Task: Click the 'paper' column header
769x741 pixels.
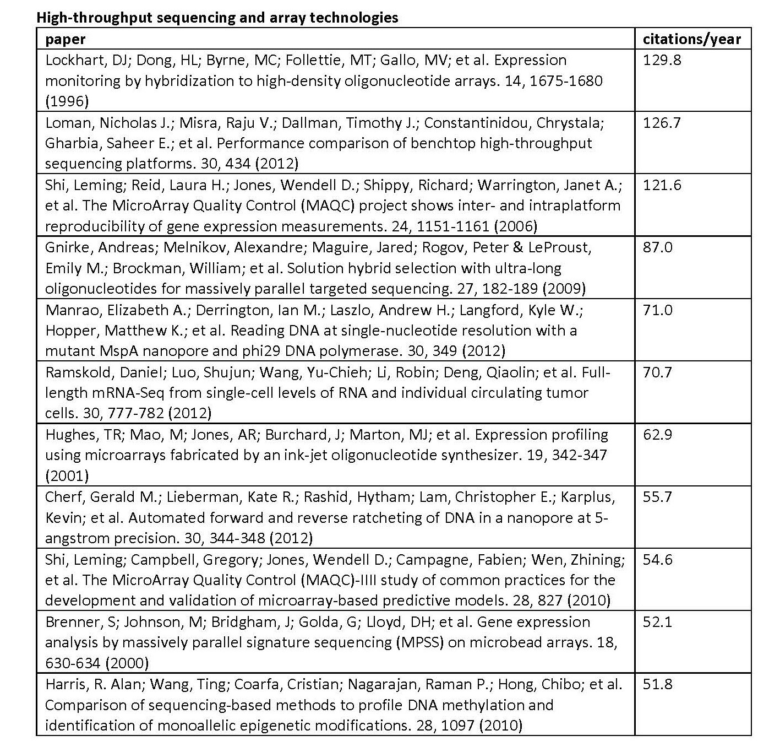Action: tap(65, 39)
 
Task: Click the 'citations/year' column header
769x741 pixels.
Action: tap(691, 39)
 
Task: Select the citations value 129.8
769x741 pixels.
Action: tap(662, 60)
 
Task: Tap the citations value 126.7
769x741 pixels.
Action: tap(662, 122)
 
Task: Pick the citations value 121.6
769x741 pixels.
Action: tap(662, 185)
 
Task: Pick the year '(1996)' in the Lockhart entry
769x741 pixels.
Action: tap(66, 101)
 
